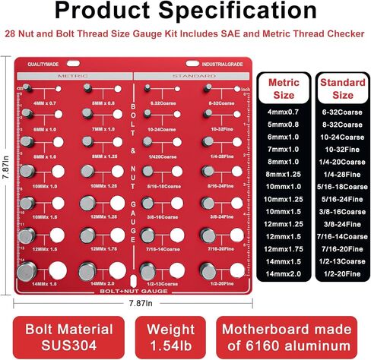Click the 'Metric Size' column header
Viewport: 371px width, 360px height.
pos(284,90)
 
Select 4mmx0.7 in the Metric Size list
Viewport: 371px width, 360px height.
pos(284,112)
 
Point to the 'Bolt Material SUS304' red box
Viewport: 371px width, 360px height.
pos(66,336)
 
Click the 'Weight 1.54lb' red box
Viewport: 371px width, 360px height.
pos(170,336)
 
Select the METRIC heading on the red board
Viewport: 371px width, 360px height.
pos(74,76)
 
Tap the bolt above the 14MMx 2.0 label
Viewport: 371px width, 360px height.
pos(85,270)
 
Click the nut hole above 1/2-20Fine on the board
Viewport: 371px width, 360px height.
pos(230,270)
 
